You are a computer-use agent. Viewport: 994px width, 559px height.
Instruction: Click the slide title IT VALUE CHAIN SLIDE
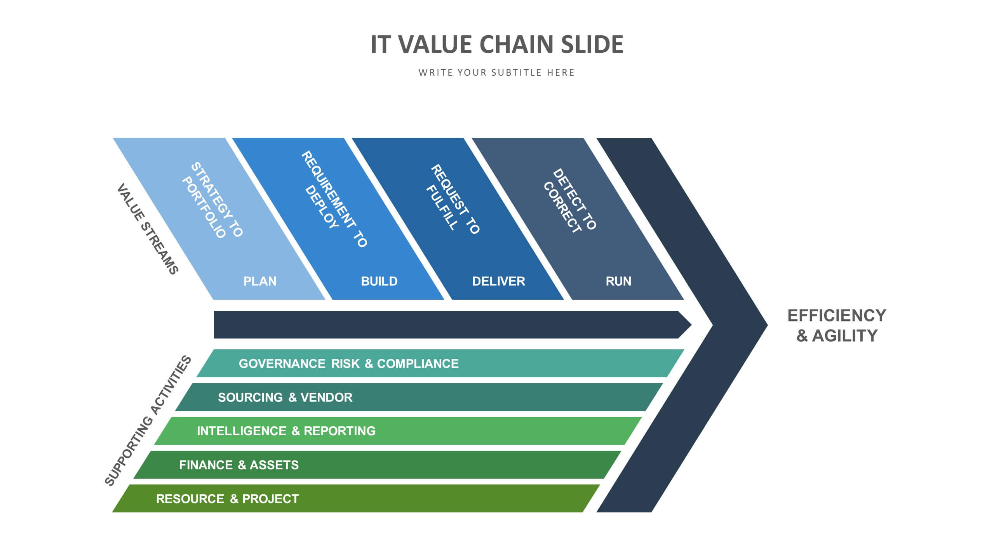[x=497, y=44]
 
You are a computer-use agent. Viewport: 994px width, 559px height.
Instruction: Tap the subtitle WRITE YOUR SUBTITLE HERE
[x=496, y=73]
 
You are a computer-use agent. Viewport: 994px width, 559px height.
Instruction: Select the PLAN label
[x=260, y=281]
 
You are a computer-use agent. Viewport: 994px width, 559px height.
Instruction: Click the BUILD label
[x=379, y=281]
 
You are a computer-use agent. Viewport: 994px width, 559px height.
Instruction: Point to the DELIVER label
[x=498, y=281]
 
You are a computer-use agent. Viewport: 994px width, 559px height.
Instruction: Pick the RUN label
[x=618, y=281]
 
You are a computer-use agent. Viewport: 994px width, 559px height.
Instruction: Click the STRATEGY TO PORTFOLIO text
[x=212, y=200]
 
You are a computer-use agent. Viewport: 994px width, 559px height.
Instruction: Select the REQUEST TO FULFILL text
[x=453, y=199]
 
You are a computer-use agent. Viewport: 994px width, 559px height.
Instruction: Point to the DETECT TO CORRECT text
[x=569, y=200]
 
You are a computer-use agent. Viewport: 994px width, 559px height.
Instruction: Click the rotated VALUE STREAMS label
[x=148, y=229]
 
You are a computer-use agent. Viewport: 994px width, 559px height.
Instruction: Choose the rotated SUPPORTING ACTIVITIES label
[x=148, y=420]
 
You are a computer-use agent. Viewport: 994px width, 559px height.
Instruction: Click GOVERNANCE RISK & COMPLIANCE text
[x=348, y=364]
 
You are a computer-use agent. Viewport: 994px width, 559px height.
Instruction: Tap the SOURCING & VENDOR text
[x=285, y=398]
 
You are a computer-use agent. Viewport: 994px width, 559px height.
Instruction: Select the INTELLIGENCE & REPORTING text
[x=286, y=431]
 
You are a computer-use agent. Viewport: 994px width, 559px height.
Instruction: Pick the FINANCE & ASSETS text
[x=239, y=465]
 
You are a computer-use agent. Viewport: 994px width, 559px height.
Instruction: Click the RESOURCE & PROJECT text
[x=228, y=499]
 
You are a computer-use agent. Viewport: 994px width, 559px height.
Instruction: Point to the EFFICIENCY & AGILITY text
[x=837, y=326]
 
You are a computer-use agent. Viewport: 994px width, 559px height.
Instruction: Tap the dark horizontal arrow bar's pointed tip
[x=691, y=325]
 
